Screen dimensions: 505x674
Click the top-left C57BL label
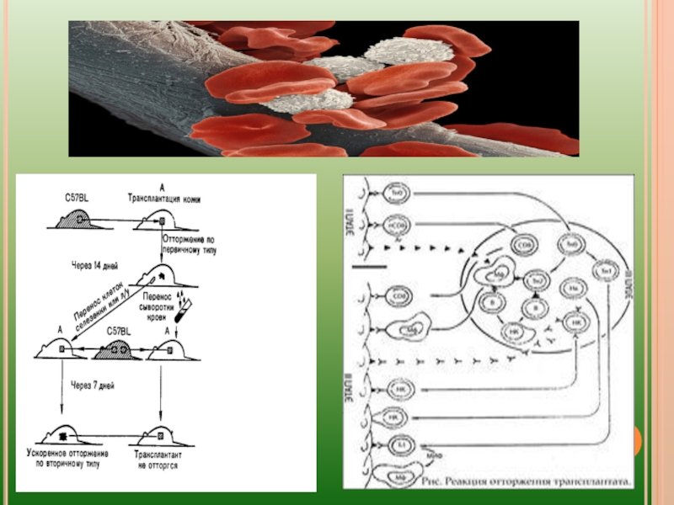[x=73, y=198]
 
